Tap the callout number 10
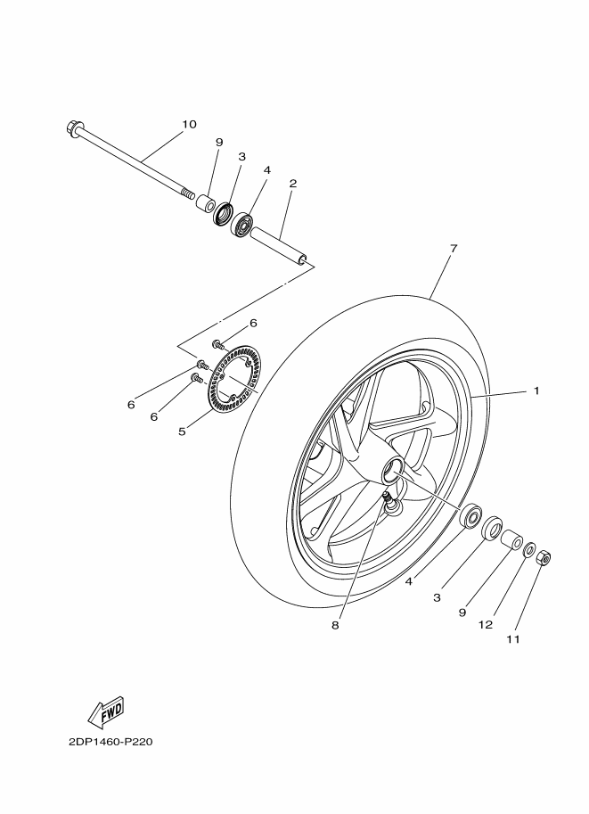click(190, 124)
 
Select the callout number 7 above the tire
click(453, 248)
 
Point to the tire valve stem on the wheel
click(389, 501)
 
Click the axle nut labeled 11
click(544, 557)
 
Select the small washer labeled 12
click(529, 548)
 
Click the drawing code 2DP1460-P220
click(110, 742)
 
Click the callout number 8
click(335, 626)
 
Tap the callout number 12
click(486, 625)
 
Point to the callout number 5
click(182, 432)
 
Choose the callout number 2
click(293, 184)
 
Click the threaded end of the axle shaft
click(188, 194)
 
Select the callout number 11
click(513, 639)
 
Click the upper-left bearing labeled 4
click(241, 224)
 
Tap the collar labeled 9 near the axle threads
click(205, 202)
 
